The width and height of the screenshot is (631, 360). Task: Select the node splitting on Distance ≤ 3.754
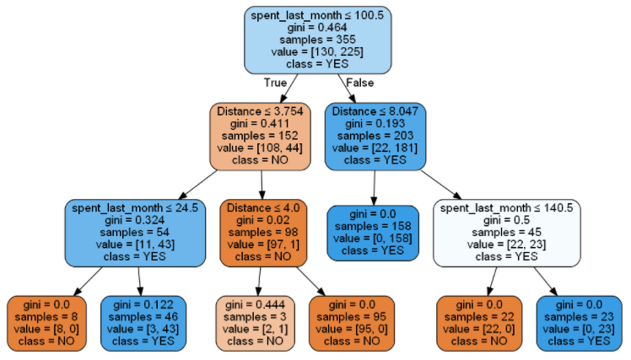point(261,135)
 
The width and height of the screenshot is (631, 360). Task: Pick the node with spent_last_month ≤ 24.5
point(135,231)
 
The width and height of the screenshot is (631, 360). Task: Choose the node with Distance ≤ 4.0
point(261,231)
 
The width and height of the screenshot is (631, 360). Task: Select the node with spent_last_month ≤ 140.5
point(506,231)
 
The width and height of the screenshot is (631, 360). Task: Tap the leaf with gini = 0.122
point(140,322)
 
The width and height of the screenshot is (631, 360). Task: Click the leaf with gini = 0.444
point(256,322)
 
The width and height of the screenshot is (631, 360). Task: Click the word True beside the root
point(275,83)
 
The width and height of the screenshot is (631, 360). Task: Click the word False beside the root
point(361,83)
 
